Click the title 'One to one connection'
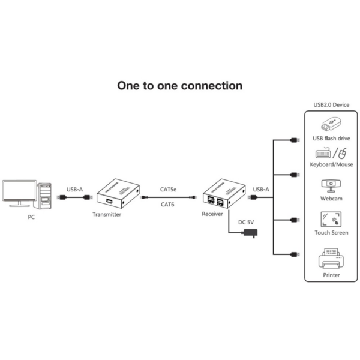pyautogui.click(x=179, y=86)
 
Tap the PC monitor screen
pyautogui.click(x=19, y=191)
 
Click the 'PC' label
pyautogui.click(x=31, y=217)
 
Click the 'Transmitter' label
pyautogui.click(x=107, y=214)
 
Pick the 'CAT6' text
pyautogui.click(x=167, y=204)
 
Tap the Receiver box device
pyautogui.click(x=223, y=192)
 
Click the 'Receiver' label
pyautogui.click(x=213, y=213)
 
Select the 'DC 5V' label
pyautogui.click(x=247, y=222)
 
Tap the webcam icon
pyautogui.click(x=331, y=186)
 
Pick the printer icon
pyautogui.click(x=331, y=259)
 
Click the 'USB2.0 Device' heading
pyautogui.click(x=331, y=105)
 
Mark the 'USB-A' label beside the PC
pyautogui.click(x=75, y=189)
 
